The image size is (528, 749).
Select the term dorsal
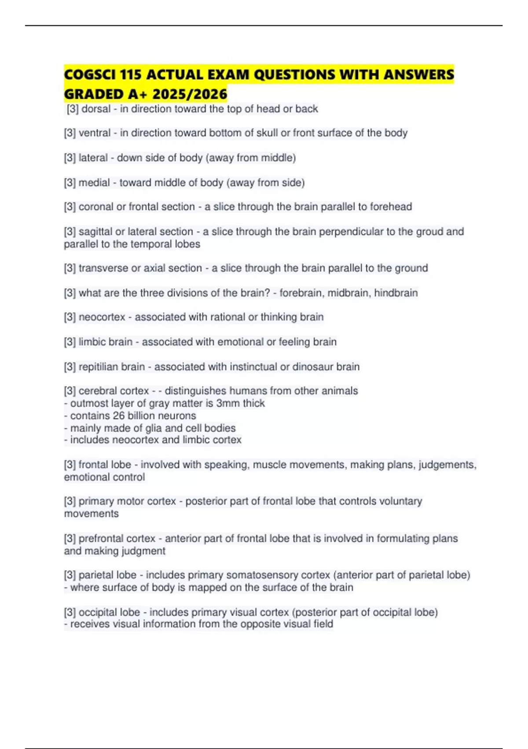coord(96,109)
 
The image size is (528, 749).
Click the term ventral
coord(95,133)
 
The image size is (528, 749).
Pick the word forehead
coord(391,207)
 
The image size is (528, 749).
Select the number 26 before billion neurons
coord(119,415)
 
